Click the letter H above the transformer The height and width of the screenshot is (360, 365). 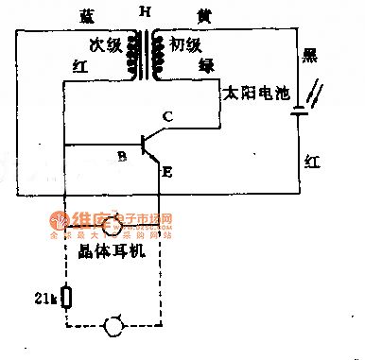145,12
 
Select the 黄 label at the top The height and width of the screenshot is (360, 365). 204,16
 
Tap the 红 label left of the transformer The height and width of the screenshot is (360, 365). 81,66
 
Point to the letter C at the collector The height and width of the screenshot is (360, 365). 166,117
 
